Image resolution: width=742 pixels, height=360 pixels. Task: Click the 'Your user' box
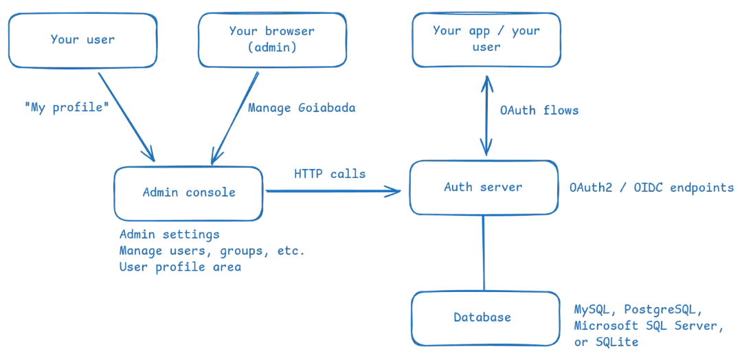point(82,40)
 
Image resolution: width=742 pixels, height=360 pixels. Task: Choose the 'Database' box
point(485,317)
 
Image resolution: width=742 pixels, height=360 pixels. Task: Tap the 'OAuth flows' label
point(540,110)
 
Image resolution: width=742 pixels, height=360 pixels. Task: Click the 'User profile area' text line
point(180,268)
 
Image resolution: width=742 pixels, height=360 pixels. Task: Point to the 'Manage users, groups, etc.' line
point(212,251)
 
